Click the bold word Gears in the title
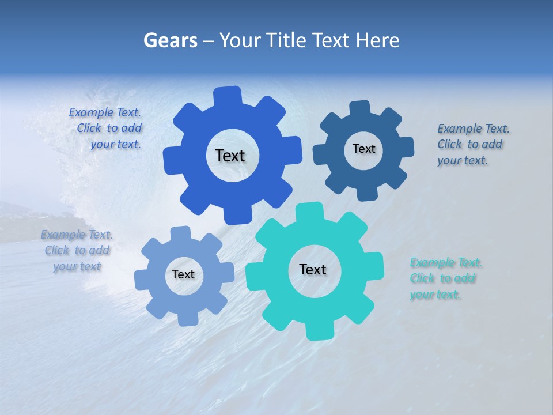tap(170, 40)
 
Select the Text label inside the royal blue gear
tap(230, 156)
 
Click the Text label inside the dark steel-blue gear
tap(363, 149)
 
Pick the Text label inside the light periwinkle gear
tap(183, 274)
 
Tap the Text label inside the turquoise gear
tap(313, 269)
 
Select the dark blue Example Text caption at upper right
tap(472, 144)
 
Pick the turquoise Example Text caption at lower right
tap(445, 278)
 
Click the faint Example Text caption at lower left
tap(77, 250)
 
